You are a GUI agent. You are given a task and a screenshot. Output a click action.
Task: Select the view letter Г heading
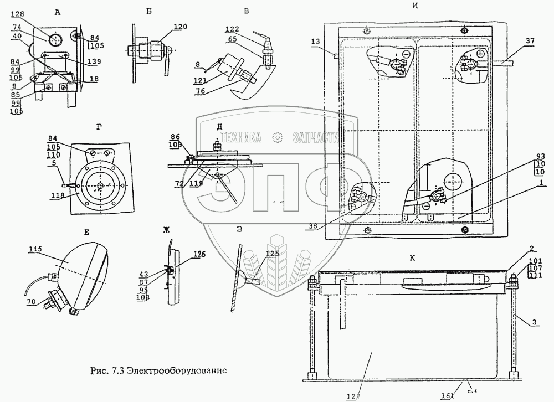pos(99,126)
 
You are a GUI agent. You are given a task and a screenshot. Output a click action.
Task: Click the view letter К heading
pos(413,257)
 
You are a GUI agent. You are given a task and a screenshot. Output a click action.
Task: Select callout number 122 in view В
pos(232,29)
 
